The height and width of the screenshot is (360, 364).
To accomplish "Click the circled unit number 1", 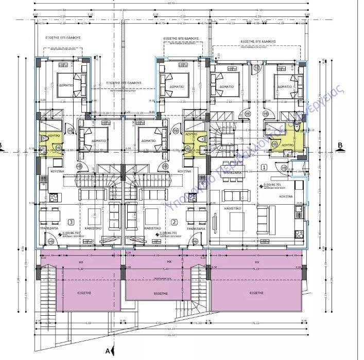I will (x=264, y=167).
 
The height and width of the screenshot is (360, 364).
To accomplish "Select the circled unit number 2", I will (x=174, y=222).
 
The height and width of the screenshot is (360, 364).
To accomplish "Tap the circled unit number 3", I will (x=71, y=222).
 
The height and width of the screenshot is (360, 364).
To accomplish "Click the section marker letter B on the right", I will (x=340, y=145).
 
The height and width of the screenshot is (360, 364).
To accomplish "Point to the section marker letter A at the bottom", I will (x=107, y=351).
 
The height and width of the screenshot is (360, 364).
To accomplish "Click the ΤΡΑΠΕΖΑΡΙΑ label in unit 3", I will (x=50, y=228).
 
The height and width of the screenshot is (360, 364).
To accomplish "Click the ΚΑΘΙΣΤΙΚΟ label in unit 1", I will (x=234, y=209).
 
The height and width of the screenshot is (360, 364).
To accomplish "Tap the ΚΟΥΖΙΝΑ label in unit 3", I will (x=56, y=171).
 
